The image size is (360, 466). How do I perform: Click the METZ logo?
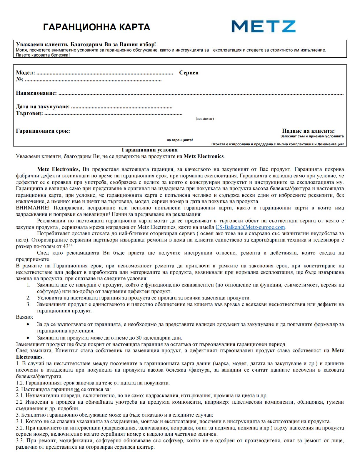coord(263,26)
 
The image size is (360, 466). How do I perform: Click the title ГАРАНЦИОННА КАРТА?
coord(96,27)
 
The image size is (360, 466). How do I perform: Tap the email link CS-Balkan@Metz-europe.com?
coord(250,227)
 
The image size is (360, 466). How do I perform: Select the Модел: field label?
coord(25,73)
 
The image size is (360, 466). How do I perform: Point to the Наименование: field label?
coord(36,93)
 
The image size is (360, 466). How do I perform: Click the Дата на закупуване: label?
coord(43,106)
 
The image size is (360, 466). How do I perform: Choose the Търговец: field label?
coord(29,113)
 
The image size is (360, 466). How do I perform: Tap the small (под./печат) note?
coord(205,119)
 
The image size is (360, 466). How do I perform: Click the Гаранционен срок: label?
coord(43,131)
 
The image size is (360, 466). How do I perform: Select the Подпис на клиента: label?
coord(308,131)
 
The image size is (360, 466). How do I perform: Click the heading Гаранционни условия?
coord(150,150)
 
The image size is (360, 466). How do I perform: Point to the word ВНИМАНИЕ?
coord(33,208)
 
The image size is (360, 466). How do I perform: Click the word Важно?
coord(24,317)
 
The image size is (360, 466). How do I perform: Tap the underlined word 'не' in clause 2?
coord(77,389)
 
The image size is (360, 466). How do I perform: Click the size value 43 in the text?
coord(66,246)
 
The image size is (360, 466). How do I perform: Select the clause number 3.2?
coord(20,428)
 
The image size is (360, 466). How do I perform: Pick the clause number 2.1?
coord(20,395)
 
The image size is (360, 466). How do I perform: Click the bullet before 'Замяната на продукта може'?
coord(28,338)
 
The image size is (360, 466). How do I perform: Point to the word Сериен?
coord(189,73)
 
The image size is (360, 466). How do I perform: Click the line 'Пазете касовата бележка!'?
coord(43,55)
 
